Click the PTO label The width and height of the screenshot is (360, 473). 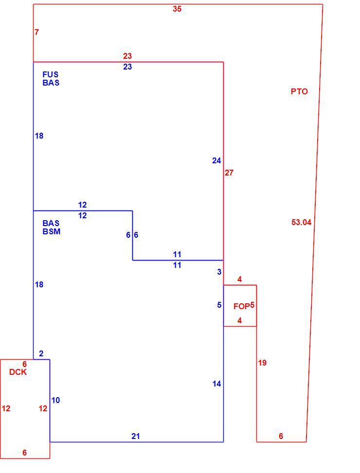pos(299,91)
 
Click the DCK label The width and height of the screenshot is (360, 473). pos(18,372)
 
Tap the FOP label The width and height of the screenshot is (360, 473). pos(241,306)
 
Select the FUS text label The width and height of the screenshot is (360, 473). pos(51,74)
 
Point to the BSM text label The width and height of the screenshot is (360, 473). pos(51,231)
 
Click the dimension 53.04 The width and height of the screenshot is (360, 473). pos(301,222)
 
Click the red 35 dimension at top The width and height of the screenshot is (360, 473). pos(177,9)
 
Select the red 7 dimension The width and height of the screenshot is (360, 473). pos(37,32)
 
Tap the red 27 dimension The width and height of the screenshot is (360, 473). pos(229,173)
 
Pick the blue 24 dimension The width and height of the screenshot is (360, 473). pos(216,160)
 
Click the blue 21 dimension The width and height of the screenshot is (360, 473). pos(136,436)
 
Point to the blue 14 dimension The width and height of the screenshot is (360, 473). pos(216,384)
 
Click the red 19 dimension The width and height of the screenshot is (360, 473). pos(262,363)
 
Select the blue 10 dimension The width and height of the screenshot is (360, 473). pos(55,400)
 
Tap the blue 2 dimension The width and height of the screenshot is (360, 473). pos(41,353)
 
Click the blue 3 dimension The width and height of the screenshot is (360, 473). pos(219,272)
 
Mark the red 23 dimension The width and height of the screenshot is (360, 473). pos(127,56)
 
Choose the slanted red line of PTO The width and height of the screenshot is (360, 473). pos(314,223)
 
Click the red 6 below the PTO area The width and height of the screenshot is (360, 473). pos(281,436)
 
